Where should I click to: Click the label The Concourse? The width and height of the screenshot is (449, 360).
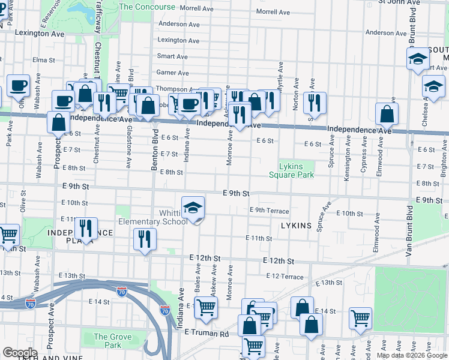click(x=148, y=7)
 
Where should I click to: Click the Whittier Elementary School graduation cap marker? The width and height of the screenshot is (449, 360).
click(x=193, y=208)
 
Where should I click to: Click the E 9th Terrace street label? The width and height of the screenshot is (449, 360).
click(x=270, y=211)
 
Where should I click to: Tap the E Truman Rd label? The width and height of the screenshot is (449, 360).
click(x=207, y=333)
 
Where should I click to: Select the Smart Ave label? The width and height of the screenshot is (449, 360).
click(x=172, y=56)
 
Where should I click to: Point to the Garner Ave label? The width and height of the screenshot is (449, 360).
click(x=172, y=73)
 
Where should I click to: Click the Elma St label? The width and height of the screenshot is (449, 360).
click(x=44, y=60)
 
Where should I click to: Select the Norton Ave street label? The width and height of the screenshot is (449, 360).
click(x=295, y=97)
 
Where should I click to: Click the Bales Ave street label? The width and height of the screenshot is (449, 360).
click(x=197, y=281)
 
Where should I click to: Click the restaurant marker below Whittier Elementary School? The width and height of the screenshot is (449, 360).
click(x=145, y=239)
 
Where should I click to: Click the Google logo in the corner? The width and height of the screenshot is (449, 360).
click(x=20, y=352)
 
